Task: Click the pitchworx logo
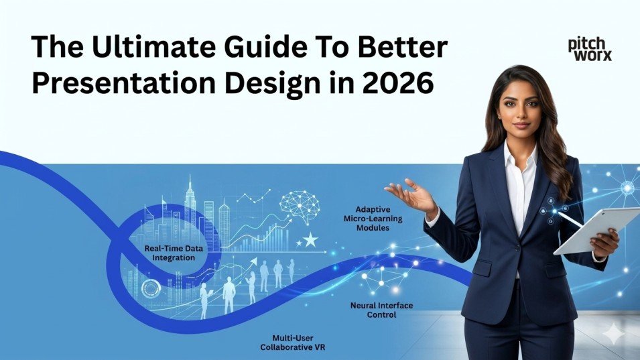[x=589, y=49]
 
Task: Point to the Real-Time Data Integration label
[x=173, y=253]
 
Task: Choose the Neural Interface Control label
[x=381, y=309]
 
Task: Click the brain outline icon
[x=300, y=204]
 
